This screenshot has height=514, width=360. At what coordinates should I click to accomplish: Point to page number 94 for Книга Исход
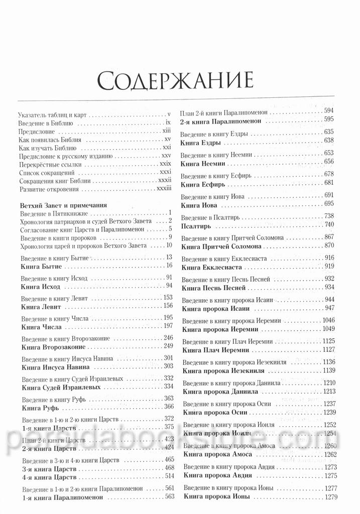(169, 286)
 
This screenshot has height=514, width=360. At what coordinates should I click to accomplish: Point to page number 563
(169, 496)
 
